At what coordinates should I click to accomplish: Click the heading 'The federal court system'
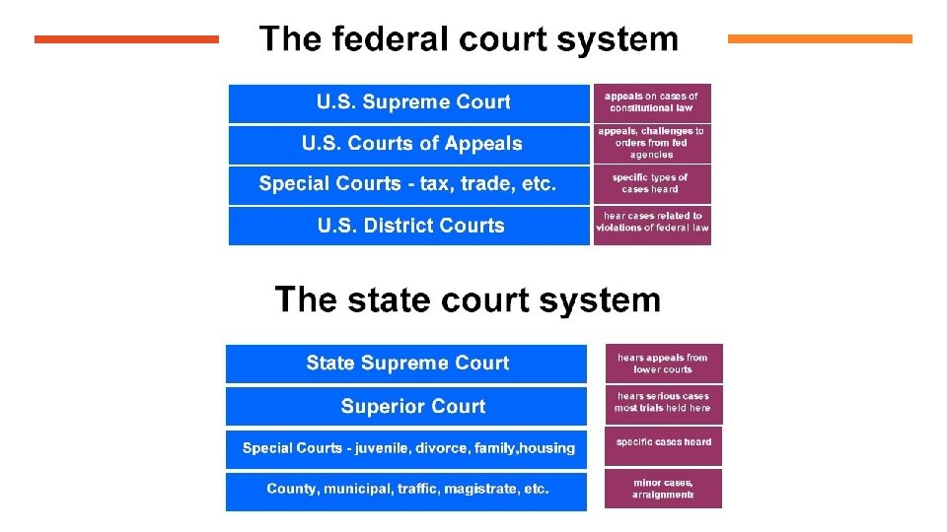coord(469,39)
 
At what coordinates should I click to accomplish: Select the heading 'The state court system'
coord(468,299)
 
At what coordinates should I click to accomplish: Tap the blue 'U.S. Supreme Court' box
coord(409,102)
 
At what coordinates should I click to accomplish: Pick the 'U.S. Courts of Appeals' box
coord(409,144)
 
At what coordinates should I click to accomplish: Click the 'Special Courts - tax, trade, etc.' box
coord(409,184)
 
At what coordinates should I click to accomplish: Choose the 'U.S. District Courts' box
coord(409,226)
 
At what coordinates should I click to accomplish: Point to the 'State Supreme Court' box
coord(406,363)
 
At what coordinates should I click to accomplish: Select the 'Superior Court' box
coord(406,406)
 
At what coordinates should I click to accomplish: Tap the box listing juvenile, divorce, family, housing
coord(406,448)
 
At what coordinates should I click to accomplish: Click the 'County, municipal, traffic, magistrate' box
coord(406,490)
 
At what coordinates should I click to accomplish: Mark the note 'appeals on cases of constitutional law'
coord(651,102)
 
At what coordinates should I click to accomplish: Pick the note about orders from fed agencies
coord(651,143)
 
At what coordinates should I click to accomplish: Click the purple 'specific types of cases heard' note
coord(651,184)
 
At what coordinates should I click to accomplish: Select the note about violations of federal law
coord(651,225)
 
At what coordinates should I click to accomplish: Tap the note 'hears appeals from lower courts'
coord(663,364)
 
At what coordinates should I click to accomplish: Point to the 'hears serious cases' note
coord(663,402)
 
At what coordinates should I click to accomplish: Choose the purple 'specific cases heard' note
coord(663,443)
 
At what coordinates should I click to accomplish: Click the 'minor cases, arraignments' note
coord(663,489)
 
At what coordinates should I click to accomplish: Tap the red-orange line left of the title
coord(126,39)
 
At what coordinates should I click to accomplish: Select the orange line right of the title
coord(820,39)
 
